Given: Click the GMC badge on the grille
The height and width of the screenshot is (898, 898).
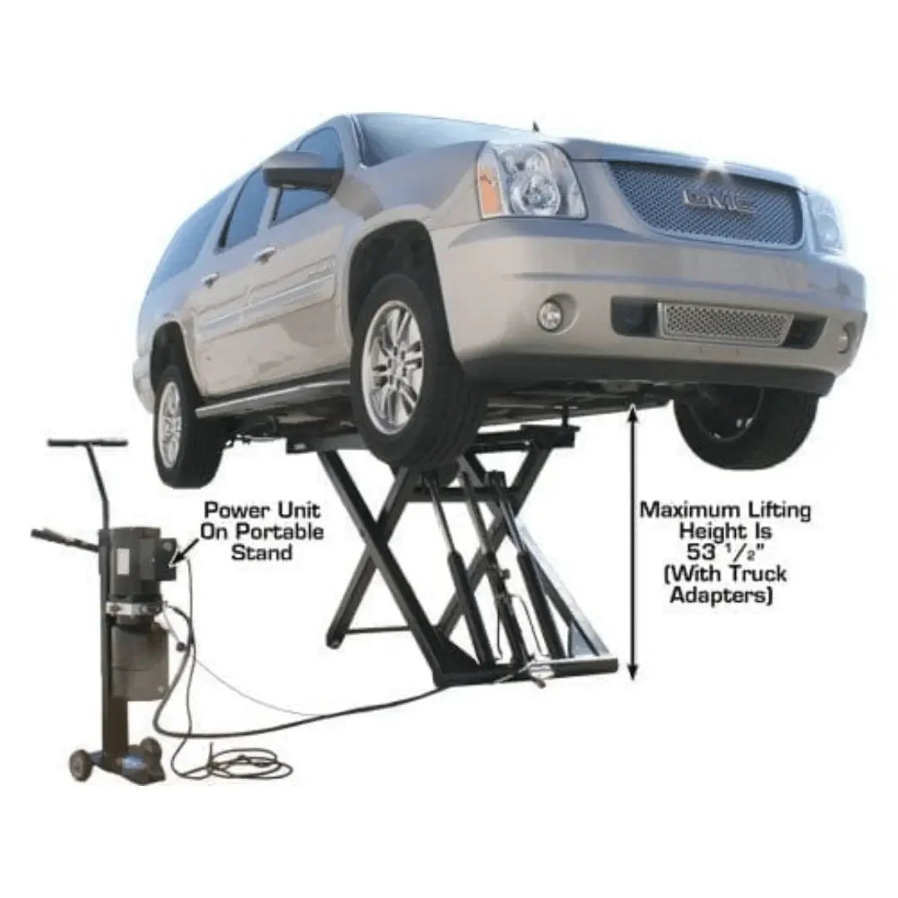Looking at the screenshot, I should (x=717, y=200).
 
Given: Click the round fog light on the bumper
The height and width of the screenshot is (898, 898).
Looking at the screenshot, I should (x=550, y=314).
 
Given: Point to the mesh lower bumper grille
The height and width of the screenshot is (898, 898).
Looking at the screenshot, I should (x=724, y=323).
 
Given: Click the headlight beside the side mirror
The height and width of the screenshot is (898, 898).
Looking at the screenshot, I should (x=528, y=180).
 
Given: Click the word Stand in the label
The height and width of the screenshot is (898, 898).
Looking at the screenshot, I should (x=262, y=552).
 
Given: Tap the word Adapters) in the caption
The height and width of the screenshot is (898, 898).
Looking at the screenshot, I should (x=722, y=595).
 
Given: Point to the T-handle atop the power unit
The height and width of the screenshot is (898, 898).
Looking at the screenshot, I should (x=87, y=443).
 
